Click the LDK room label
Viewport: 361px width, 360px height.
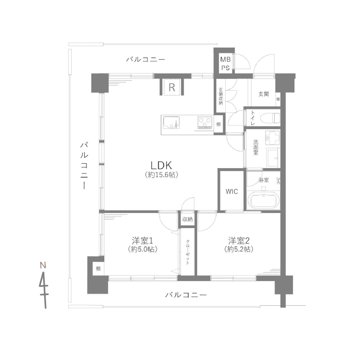162,165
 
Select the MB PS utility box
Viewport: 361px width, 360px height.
224,63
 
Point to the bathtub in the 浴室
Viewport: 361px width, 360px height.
264,200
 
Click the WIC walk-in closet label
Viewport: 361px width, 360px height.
232,191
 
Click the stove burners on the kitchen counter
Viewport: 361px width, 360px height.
205,121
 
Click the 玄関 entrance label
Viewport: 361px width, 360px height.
263,94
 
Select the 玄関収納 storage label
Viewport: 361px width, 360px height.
221,96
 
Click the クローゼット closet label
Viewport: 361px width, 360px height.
188,252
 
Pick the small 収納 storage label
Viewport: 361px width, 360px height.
188,219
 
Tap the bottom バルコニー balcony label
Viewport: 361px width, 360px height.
186,295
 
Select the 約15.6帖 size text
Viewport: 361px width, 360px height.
162,175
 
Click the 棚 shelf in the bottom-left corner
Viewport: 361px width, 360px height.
97,269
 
